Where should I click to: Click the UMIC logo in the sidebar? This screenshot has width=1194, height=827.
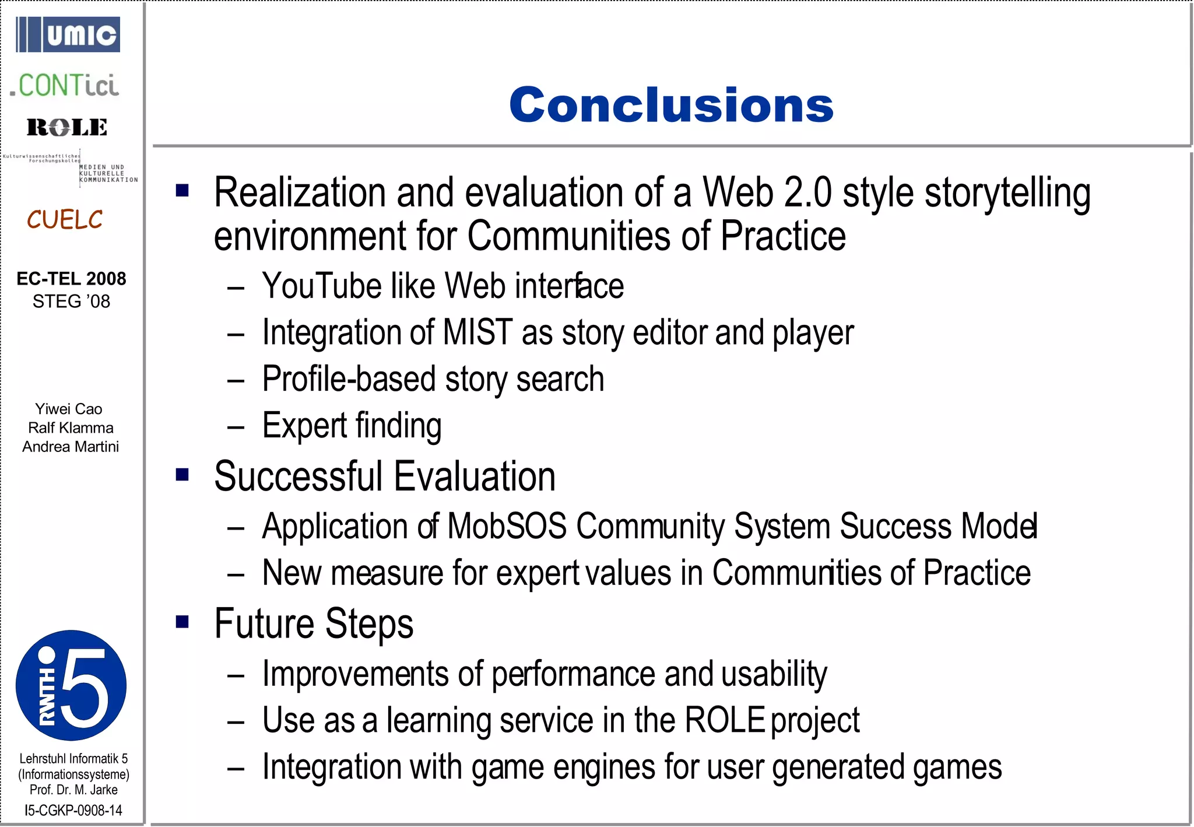pos(68,35)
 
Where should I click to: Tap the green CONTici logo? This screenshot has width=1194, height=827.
pos(64,86)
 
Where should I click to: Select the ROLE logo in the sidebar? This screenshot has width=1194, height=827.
pos(66,127)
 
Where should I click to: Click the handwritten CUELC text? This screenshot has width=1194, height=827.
pos(64,220)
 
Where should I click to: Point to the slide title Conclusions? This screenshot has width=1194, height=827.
pos(671,105)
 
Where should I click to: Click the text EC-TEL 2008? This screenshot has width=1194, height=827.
pos(71,279)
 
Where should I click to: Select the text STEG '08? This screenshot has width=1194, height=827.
pos(71,302)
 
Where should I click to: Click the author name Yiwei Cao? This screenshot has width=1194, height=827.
pos(69,409)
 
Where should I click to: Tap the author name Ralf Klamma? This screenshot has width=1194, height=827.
pos(71,427)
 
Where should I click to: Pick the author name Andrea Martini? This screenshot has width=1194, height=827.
pos(71,447)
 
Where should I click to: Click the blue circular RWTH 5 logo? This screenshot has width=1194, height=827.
pos(71,685)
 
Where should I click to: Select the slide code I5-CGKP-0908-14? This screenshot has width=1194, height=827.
pos(73,810)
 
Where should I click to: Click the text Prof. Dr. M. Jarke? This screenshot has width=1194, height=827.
pos(73,790)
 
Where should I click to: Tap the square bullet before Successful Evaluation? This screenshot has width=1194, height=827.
pos(182,474)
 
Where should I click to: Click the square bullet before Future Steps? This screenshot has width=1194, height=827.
pos(182,622)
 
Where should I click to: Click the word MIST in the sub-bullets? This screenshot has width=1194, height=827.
pos(477,332)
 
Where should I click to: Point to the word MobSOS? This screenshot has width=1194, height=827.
pos(507,526)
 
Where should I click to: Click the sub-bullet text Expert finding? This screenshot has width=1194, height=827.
pos(352,425)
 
